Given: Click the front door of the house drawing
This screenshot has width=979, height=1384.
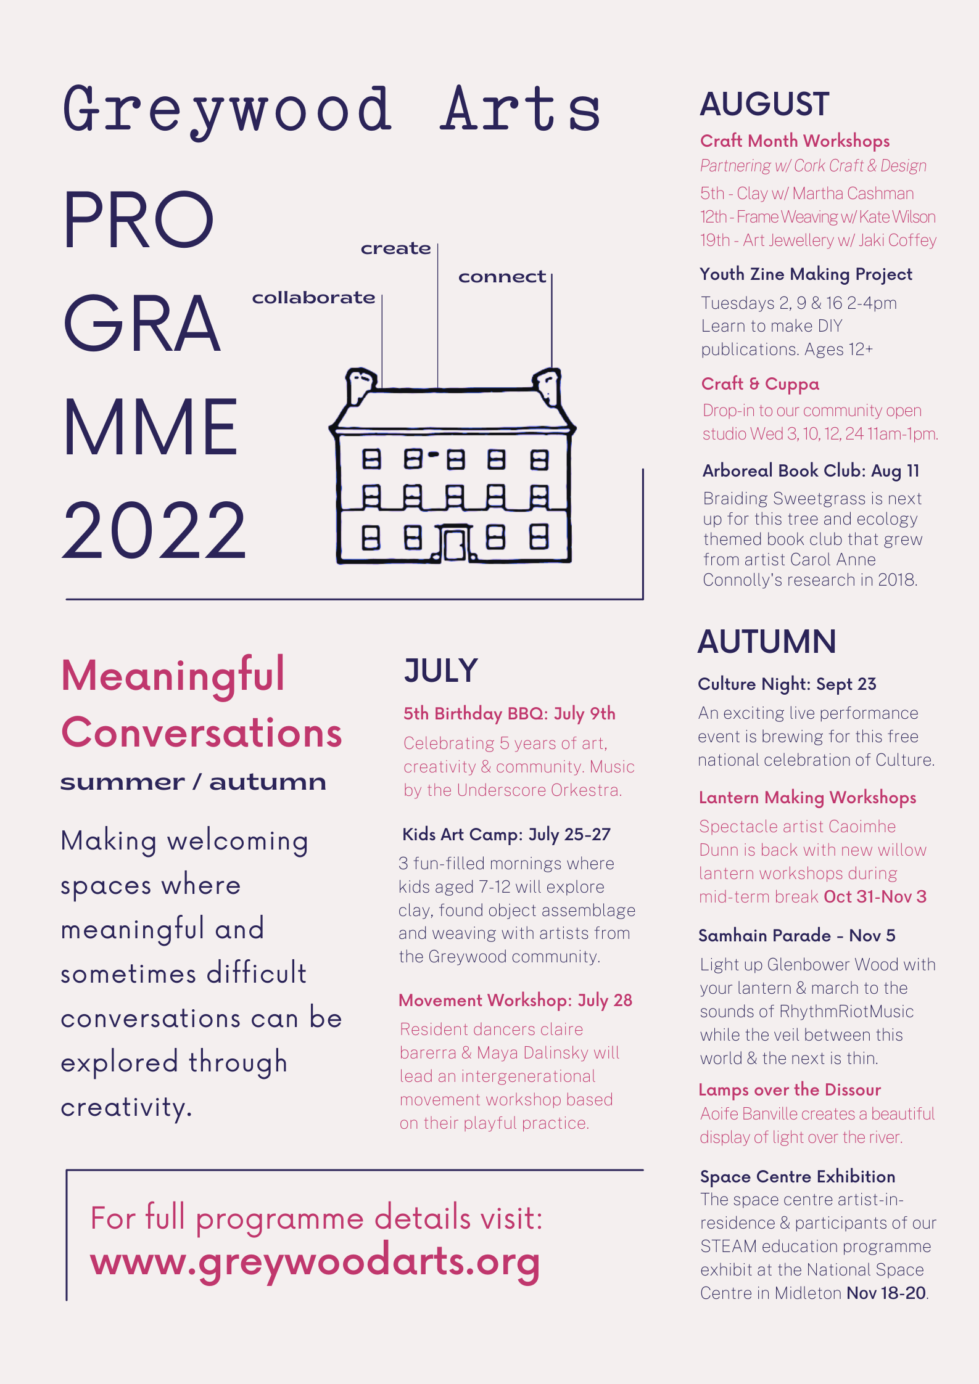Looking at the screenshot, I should [455, 544].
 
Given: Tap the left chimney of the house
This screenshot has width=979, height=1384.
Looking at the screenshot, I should [360, 385].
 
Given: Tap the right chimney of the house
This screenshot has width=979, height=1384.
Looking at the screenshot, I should [548, 385].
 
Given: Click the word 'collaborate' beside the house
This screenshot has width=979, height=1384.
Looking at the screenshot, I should [313, 298].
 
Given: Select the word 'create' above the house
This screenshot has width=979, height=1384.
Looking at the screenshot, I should [395, 248].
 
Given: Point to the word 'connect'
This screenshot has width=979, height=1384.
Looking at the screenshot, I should [502, 277].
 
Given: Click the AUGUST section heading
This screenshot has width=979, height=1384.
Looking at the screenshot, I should [764, 104].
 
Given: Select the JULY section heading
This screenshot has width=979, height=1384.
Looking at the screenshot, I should [440, 671].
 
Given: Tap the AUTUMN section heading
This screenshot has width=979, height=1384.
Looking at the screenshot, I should [767, 642].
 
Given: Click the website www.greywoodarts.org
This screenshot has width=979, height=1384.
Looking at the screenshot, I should [315, 1261].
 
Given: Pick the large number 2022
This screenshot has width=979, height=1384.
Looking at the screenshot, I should [154, 531].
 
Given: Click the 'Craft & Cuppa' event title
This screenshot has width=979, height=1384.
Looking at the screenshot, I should [760, 384].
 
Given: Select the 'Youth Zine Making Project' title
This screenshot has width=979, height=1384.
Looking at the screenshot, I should [806, 274].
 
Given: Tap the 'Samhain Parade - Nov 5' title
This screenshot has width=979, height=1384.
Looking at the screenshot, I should [796, 936].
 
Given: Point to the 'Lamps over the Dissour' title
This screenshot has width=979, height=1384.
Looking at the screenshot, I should [790, 1090].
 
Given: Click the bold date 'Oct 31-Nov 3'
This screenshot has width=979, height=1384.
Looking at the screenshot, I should [875, 897].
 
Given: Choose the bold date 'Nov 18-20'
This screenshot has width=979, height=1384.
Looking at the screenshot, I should [886, 1293].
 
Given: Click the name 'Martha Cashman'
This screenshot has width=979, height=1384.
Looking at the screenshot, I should [853, 194].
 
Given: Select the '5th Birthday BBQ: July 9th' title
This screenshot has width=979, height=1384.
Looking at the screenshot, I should [509, 714].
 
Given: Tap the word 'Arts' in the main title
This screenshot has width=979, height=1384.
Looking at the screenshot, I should [520, 110].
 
